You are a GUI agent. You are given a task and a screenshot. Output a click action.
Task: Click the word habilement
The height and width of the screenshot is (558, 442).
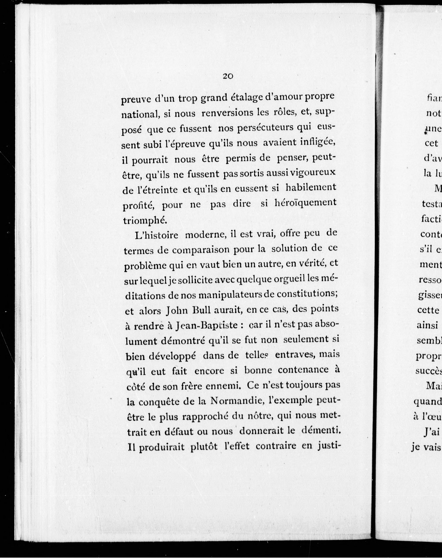click(310, 188)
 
